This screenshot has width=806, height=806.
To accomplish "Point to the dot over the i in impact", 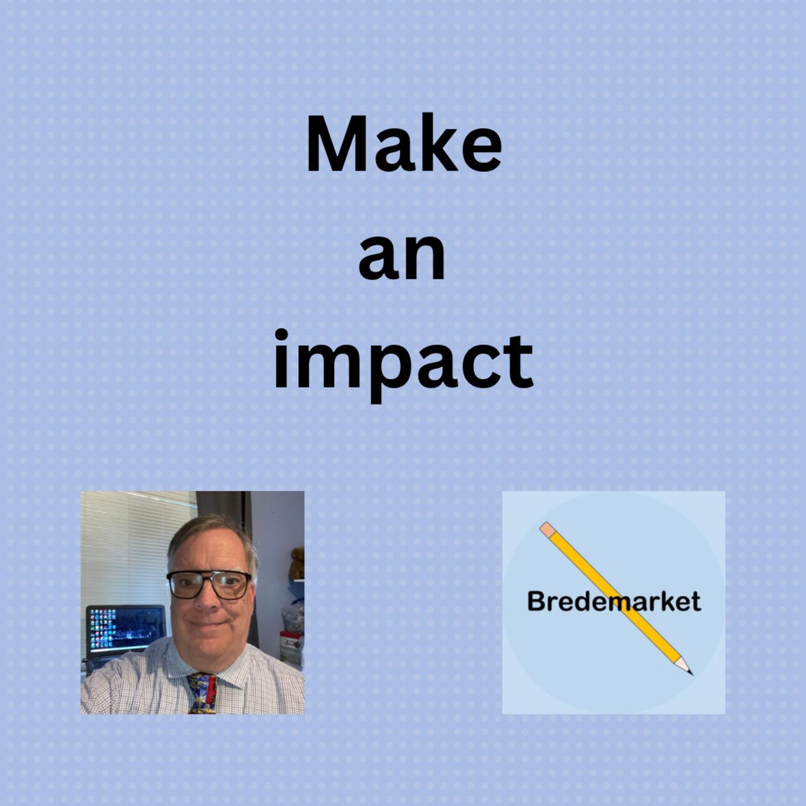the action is point(280,336).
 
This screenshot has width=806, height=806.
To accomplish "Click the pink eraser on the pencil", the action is point(548,529).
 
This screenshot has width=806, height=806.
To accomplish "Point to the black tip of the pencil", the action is point(690,672).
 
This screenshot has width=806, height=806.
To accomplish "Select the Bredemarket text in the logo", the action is point(614,601).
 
